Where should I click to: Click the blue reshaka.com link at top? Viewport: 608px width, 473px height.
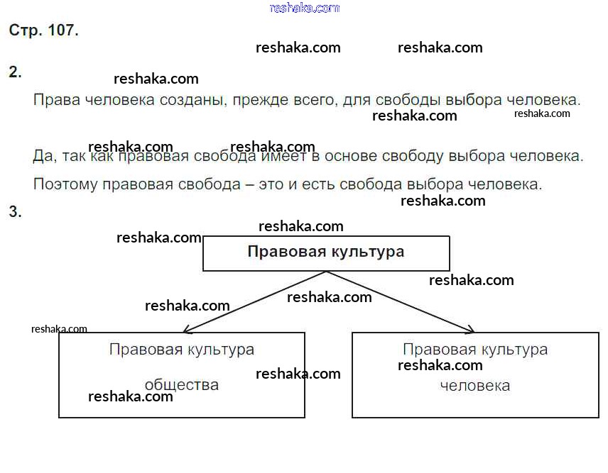[x=305, y=8]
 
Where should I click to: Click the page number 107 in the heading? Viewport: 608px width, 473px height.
[x=63, y=30]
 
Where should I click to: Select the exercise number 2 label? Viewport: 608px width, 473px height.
[x=15, y=72]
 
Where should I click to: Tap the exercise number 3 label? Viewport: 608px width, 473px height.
[x=15, y=212]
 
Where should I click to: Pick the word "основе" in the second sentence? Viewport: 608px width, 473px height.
[x=351, y=156]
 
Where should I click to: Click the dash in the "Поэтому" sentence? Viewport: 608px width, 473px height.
[x=250, y=185]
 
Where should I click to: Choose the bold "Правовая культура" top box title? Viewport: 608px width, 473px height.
[x=326, y=252]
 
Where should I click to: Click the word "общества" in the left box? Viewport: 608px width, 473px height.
[x=181, y=385]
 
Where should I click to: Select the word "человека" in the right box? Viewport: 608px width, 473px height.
[x=475, y=386]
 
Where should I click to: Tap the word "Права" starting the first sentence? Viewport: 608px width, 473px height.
[x=57, y=100]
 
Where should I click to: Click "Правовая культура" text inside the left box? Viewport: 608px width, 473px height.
[x=181, y=350]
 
